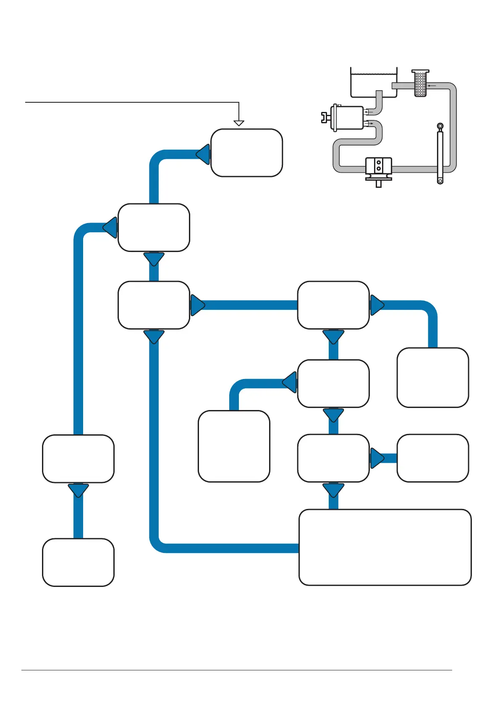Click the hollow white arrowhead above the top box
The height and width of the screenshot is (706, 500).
click(x=239, y=123)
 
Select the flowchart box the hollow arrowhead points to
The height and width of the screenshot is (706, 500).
click(x=246, y=153)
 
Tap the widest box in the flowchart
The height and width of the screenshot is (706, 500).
click(x=385, y=547)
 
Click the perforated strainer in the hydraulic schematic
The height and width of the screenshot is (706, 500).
click(x=420, y=83)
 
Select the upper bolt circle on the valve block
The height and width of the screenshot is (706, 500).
click(x=379, y=162)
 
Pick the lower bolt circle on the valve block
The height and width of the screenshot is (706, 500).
click(x=379, y=169)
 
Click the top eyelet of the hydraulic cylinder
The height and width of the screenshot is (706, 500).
click(x=440, y=126)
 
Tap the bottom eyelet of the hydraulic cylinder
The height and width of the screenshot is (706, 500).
click(x=440, y=181)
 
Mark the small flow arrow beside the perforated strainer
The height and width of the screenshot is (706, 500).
click(x=432, y=86)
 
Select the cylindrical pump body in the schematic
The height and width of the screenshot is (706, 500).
click(x=347, y=118)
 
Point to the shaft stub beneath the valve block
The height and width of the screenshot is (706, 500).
click(x=379, y=184)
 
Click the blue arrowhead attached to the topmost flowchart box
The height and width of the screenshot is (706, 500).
click(x=203, y=154)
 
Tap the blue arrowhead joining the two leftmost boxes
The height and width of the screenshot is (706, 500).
click(x=78, y=490)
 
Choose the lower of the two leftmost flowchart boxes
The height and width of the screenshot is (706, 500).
click(x=78, y=562)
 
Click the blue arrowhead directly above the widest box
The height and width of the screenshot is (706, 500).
click(x=333, y=490)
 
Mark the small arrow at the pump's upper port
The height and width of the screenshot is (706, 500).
click(x=368, y=112)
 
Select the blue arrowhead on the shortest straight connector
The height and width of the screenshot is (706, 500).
click(x=377, y=458)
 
